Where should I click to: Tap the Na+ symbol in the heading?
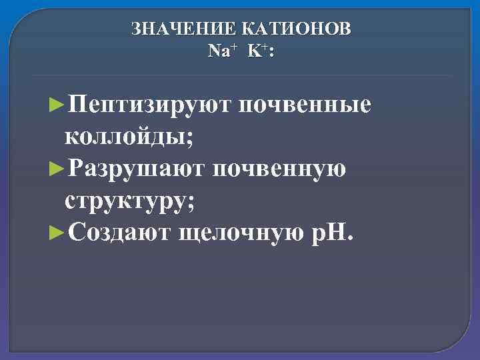[220, 51]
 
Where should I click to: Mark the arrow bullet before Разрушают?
[57, 170]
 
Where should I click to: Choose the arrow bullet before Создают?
[57, 234]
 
